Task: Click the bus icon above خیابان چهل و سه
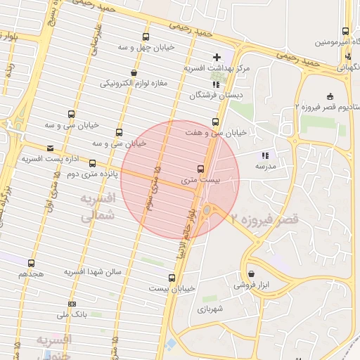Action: pos(146,37)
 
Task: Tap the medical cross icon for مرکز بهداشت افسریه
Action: pos(217,57)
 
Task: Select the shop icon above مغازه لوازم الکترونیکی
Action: pos(134,72)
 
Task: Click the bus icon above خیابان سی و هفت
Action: pos(215,122)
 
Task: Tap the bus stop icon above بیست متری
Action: pos(200,169)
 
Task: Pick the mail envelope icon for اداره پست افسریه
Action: pos(49,148)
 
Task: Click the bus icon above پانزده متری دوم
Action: pos(92,163)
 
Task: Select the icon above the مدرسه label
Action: pos(265,155)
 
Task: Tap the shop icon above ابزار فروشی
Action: pos(252,274)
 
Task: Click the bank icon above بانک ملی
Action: pos(70,304)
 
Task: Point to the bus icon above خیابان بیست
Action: pos(172,278)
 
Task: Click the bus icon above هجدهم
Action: pos(31,263)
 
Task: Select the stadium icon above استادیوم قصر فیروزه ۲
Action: pos(330,96)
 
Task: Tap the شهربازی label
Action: pos(210,308)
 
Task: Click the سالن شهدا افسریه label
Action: pos(93,271)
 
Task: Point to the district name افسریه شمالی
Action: pos(94,210)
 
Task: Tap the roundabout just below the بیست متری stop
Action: pos(207,210)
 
